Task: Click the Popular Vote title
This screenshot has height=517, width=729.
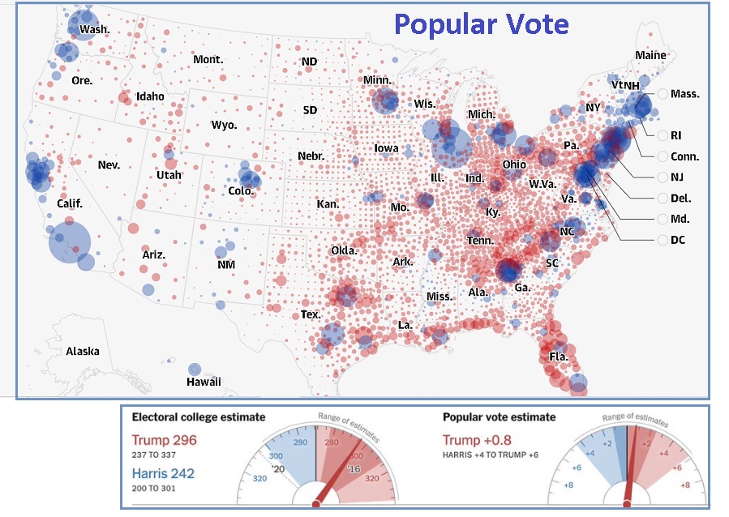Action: [x=481, y=24]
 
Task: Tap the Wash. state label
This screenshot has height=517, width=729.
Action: [x=94, y=30]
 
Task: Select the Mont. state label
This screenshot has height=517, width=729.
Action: [x=208, y=59]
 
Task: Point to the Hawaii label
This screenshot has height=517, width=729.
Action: [x=204, y=382]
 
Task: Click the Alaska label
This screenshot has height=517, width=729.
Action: [x=83, y=351]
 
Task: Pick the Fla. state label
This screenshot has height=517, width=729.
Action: [x=558, y=357]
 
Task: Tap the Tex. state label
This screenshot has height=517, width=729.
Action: [x=311, y=314]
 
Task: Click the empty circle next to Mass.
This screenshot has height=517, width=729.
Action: [x=663, y=93]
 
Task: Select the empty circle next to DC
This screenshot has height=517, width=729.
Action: [x=663, y=240]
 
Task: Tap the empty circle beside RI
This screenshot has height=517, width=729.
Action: [x=663, y=135]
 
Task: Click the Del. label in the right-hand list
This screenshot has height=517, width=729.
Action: [x=680, y=198]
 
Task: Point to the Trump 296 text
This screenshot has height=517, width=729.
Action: [x=164, y=440]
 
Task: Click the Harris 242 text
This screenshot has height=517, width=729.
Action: [x=165, y=472]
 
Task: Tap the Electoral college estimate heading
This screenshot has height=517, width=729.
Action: [x=198, y=417]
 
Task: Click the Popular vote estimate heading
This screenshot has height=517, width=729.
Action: [x=499, y=417]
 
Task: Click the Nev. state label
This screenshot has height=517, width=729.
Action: [x=109, y=164]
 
